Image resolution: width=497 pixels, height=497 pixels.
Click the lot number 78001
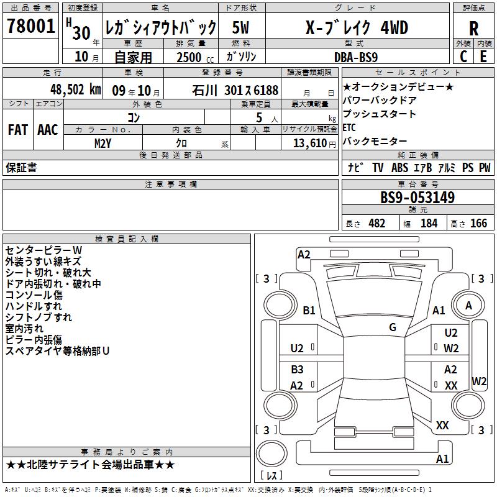tap(30, 26)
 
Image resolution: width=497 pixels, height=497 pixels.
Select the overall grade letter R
tap(473, 29)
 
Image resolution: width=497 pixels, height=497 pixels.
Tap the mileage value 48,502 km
tap(76, 89)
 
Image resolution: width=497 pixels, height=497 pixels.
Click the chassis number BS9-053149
tap(417, 198)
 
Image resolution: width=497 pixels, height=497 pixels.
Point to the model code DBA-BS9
tap(356, 57)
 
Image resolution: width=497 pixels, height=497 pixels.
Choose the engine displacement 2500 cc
tap(195, 57)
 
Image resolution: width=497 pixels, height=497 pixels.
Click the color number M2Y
tap(103, 144)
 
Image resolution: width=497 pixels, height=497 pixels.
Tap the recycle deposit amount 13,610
tap(310, 144)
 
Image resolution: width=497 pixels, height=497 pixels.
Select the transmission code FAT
tap(18, 130)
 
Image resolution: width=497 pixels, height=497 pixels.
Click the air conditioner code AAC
tap(48, 130)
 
